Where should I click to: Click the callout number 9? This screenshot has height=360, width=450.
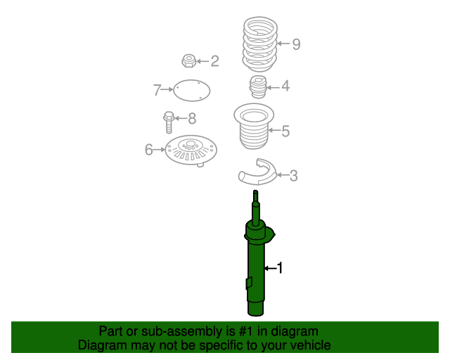[296, 44]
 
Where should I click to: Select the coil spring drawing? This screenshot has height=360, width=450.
[260, 44]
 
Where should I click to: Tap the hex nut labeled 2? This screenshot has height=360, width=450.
[189, 61]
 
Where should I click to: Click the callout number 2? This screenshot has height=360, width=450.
[215, 61]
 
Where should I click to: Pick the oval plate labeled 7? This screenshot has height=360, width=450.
[192, 91]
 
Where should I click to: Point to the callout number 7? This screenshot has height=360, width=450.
[157, 90]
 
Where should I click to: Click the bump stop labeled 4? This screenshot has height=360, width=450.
[258, 87]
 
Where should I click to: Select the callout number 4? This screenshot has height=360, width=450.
[285, 86]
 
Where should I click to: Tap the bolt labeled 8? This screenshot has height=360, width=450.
[169, 122]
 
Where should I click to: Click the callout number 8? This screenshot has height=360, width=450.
[192, 118]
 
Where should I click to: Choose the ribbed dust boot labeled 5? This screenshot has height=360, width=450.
[254, 127]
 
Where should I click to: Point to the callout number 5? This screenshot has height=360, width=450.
[285, 131]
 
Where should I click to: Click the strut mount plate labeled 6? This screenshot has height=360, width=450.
[191, 150]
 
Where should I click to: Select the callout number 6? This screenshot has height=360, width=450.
[148, 150]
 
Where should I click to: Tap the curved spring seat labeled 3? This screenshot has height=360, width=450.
[257, 172]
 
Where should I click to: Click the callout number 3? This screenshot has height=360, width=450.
[294, 175]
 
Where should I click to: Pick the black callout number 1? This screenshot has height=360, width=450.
[280, 268]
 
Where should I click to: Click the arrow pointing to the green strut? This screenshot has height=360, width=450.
[270, 268]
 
